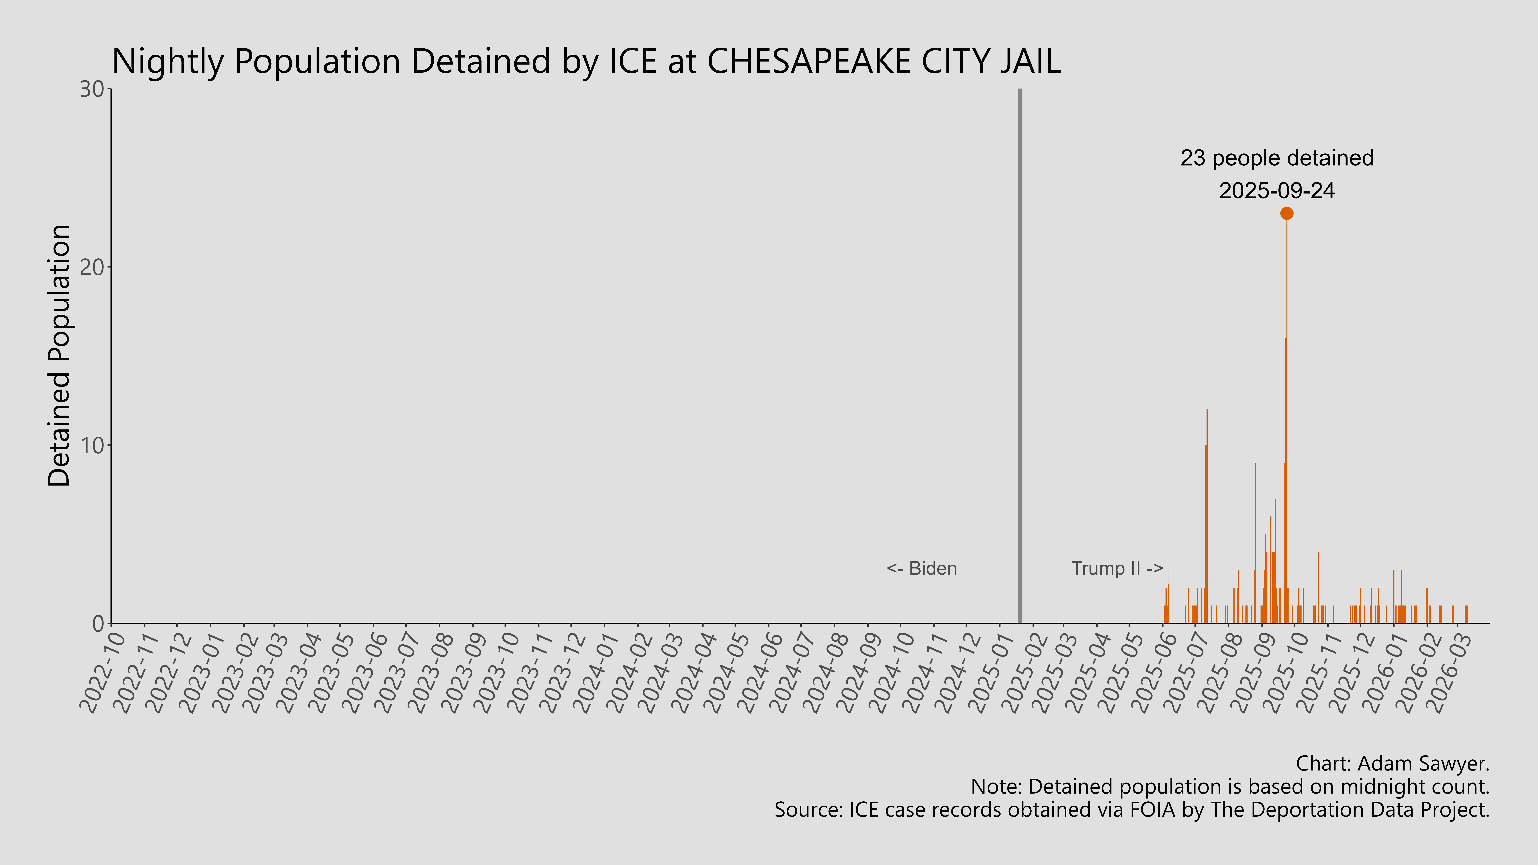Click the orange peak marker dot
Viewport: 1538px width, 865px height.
[x=1287, y=213]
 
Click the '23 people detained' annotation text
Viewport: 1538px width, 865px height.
[x=1277, y=158]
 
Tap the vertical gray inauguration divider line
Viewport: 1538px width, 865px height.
[x=1020, y=358]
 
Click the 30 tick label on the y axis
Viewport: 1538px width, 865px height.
[x=93, y=90]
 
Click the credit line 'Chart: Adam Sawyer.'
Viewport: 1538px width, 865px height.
[x=1392, y=763]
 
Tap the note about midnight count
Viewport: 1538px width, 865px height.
[x=1230, y=787]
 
